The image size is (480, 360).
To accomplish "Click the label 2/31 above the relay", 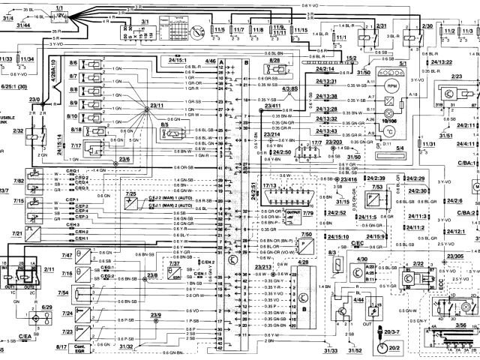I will (381, 26).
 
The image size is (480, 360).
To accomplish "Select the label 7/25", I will (130, 194).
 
